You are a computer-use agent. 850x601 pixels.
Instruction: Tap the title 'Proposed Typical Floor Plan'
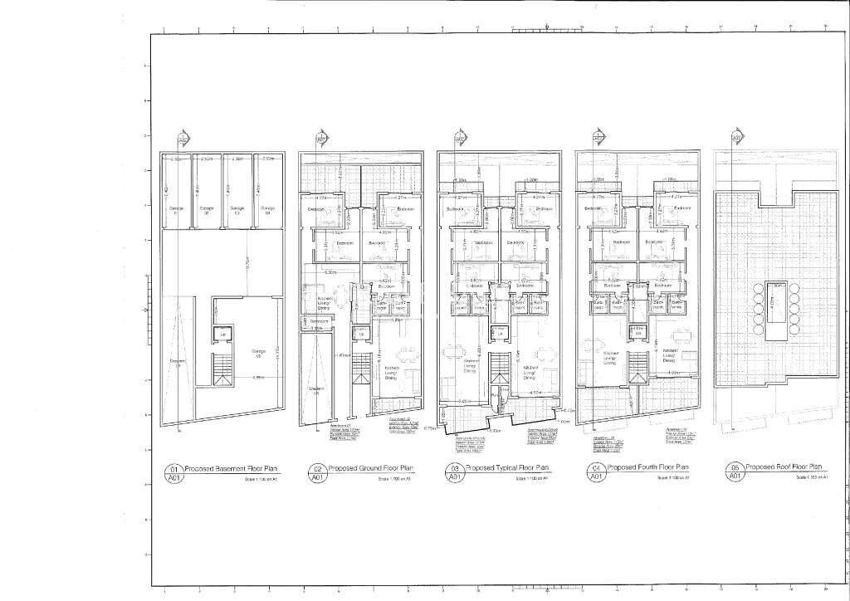[x=507, y=468]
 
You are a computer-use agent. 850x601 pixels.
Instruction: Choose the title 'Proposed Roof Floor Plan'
[x=786, y=467]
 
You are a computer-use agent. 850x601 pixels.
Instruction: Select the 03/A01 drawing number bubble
[x=456, y=473]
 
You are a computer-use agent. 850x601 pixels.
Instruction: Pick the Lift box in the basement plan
[x=222, y=334]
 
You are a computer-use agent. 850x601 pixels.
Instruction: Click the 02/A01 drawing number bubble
[x=317, y=473]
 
